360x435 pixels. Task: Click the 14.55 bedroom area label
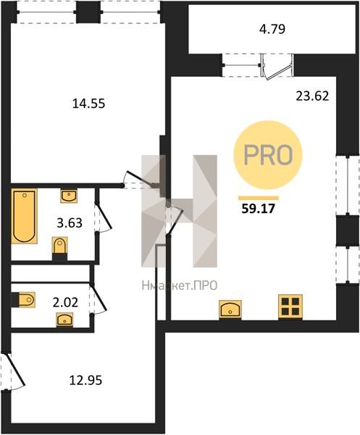click(x=88, y=104)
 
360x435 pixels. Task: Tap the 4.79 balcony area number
click(x=272, y=29)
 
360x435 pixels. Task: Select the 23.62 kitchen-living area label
click(x=312, y=96)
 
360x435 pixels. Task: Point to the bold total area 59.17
click(x=258, y=208)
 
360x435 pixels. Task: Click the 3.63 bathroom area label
click(x=70, y=223)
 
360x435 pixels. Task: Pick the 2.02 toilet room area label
click(x=65, y=302)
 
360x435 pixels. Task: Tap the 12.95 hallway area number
click(x=85, y=381)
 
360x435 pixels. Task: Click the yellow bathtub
click(x=24, y=216)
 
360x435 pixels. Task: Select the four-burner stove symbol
click(x=290, y=307)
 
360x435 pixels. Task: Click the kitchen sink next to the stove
click(x=230, y=309)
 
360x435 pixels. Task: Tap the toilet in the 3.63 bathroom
click(x=59, y=247)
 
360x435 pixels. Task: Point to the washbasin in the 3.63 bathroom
click(x=69, y=196)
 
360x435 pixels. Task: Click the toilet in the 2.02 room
click(x=25, y=299)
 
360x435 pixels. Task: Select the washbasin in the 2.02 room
click(x=64, y=320)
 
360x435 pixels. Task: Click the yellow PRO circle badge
click(x=268, y=155)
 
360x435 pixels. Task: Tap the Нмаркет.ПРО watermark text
click(x=180, y=286)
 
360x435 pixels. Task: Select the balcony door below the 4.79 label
click(x=277, y=67)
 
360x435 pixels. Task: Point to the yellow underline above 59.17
click(x=259, y=198)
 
